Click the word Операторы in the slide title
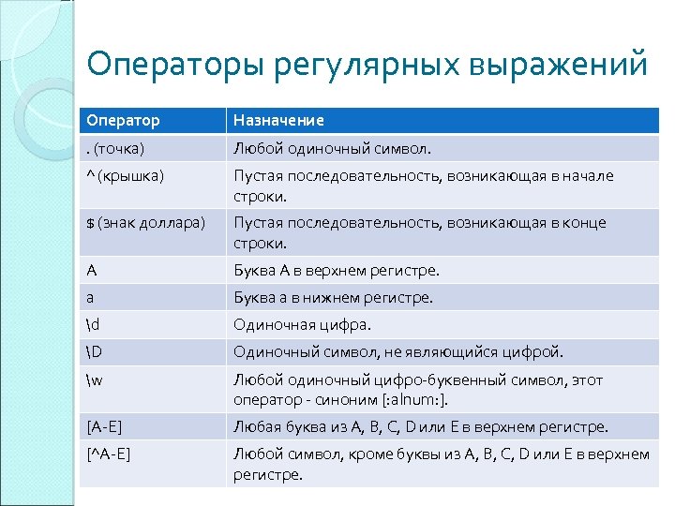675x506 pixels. coord(174,66)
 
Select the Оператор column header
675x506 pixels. coord(123,121)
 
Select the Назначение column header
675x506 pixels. coord(278,121)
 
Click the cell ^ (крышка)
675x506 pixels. coord(125,175)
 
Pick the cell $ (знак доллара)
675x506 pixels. coord(145,223)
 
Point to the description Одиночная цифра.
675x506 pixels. coord(302,325)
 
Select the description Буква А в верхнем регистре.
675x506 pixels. coord(336,271)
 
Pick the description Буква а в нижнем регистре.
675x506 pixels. coord(333,298)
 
